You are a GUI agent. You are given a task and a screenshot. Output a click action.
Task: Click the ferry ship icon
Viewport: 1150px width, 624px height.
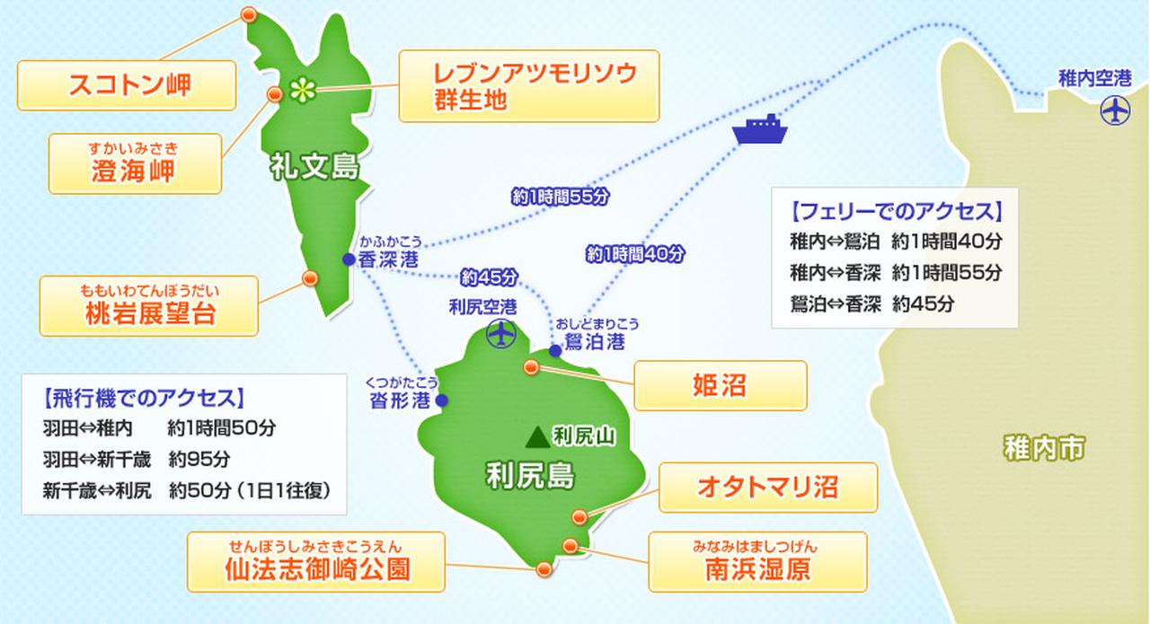[x=760, y=130]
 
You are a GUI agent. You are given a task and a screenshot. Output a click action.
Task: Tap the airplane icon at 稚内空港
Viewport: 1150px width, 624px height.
[x=1114, y=111]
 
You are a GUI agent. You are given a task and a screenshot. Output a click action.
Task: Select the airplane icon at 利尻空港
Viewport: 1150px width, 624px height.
[x=499, y=334]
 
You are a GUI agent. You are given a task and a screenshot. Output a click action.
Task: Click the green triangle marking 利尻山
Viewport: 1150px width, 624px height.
[x=537, y=437]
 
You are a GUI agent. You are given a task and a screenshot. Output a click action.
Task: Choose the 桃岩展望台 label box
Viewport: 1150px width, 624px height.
[x=148, y=305]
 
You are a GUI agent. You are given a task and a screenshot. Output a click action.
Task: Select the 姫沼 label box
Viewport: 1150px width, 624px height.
[x=720, y=385]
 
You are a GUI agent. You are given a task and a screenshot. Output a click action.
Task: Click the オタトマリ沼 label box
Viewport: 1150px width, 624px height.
[x=767, y=487]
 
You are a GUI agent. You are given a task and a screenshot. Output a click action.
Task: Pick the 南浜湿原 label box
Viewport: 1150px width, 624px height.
[x=757, y=562]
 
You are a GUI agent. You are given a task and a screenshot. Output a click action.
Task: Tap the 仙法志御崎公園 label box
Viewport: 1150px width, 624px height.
[x=316, y=562]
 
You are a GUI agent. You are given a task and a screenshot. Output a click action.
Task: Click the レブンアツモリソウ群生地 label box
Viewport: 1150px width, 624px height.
[x=528, y=86]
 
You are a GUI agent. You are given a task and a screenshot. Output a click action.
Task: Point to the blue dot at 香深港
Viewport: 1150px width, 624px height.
[x=349, y=259]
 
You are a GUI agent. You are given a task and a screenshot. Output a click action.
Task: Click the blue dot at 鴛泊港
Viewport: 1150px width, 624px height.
[x=555, y=351]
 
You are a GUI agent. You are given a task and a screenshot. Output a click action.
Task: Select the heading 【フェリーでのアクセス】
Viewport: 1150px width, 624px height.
[x=894, y=213]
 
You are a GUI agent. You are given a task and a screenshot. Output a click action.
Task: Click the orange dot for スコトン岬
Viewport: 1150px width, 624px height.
[x=249, y=14]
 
